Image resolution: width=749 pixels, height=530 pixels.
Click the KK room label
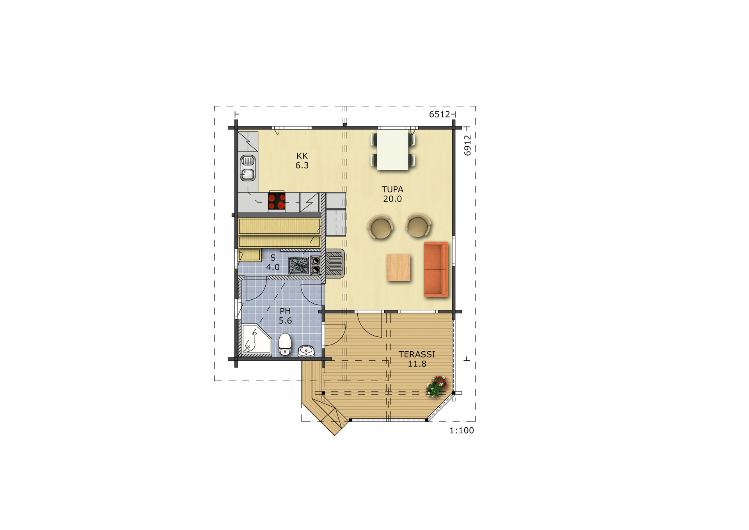coord(302,156)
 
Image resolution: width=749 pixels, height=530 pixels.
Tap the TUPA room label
coord(392,189)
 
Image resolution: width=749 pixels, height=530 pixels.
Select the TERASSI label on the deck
coord(417,354)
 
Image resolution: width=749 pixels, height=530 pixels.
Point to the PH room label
coord(285,311)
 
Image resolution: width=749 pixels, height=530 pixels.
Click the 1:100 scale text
coord(461,430)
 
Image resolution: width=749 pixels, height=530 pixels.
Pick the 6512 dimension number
coord(440,114)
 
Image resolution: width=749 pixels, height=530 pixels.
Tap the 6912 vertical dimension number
coord(467,145)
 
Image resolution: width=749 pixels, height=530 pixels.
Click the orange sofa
coord(436,269)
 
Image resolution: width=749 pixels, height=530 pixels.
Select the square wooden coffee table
coord(399,267)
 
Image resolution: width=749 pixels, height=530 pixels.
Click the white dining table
coord(393,150)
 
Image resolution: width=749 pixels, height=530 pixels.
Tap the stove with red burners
coord(277,201)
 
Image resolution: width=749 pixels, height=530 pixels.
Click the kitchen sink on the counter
coord(248,168)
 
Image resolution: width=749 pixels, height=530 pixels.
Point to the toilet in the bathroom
coord(285,344)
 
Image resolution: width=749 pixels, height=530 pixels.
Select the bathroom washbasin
coord(307,350)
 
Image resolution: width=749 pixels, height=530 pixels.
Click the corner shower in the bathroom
coord(256,339)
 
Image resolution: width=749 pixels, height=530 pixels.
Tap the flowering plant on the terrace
coord(437,386)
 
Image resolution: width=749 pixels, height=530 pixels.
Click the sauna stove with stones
coord(298,265)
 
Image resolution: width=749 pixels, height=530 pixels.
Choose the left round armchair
coord(380,227)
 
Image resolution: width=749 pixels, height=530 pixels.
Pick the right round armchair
coord(418,226)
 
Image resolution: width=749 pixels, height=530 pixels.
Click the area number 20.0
coord(392,199)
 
